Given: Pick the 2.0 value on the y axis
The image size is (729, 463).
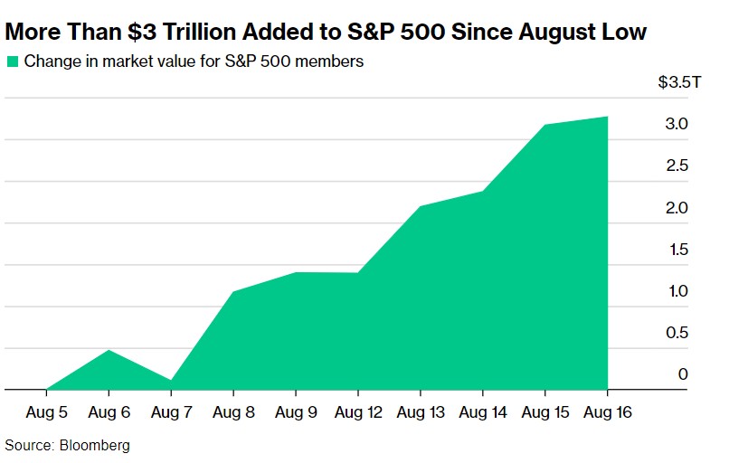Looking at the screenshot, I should tap(677, 208).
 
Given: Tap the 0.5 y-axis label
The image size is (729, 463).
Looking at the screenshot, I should tap(677, 333).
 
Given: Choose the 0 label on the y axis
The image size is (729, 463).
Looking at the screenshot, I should tap(684, 374).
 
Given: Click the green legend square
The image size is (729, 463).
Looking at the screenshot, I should tap(12, 62).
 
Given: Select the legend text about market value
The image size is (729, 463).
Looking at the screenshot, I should tap(194, 62).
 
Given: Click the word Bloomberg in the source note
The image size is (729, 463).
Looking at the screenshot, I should tap(94, 446).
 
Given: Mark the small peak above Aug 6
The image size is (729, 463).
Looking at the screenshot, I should tap(109, 350).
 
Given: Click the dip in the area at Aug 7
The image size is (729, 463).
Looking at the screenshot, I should tap(171, 382).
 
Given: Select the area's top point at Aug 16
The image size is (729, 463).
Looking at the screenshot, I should tap(607, 117).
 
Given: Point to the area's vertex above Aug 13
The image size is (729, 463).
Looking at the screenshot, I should tap(421, 206).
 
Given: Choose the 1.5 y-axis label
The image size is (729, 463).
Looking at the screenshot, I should tap(677, 250).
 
